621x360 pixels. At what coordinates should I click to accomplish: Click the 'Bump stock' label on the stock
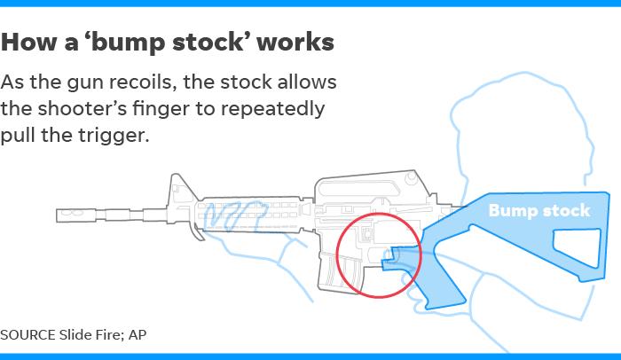click(539, 211)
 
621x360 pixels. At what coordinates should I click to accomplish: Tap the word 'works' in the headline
click(295, 42)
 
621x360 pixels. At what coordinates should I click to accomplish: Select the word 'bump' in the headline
click(128, 43)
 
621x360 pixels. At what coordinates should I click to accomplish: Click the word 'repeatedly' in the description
click(273, 109)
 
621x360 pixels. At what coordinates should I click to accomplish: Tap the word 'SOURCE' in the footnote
click(28, 335)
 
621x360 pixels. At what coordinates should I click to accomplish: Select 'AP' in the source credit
click(138, 335)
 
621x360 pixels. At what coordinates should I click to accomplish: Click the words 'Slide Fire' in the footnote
click(91, 335)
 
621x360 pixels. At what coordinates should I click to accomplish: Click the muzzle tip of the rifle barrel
click(57, 215)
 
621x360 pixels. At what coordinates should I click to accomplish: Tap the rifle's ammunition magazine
click(341, 271)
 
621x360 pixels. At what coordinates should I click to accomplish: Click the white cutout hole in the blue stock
click(577, 247)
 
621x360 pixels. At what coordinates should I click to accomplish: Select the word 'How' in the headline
click(29, 42)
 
